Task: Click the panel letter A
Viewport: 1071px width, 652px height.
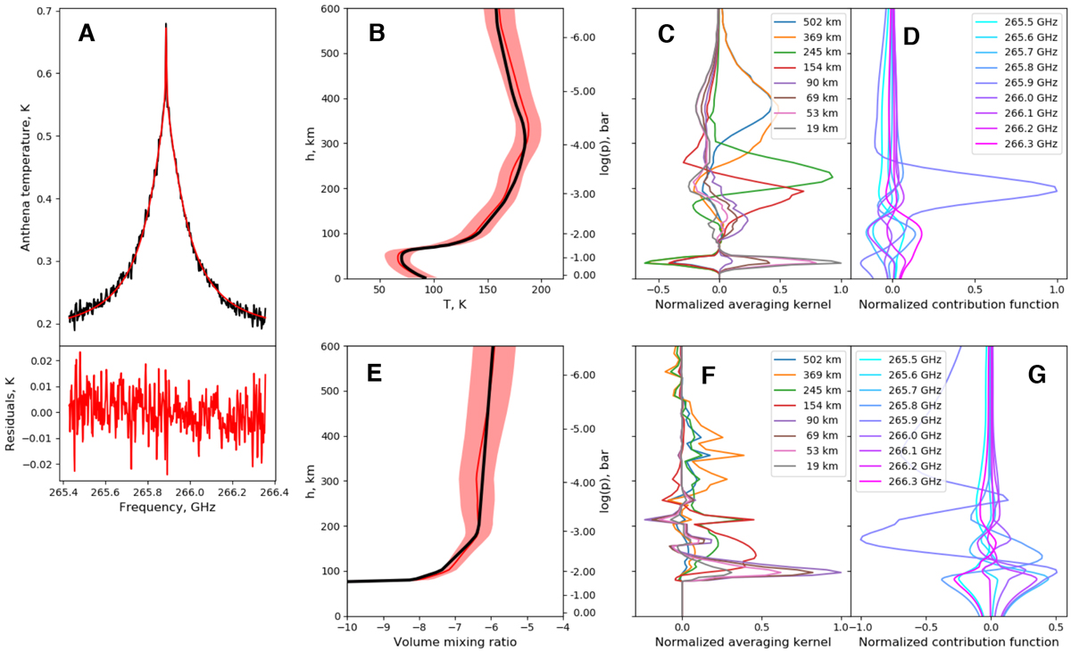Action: coord(86,33)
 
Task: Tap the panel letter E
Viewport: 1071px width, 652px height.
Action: coord(376,373)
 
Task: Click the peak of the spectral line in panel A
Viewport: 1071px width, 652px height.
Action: coord(166,26)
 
